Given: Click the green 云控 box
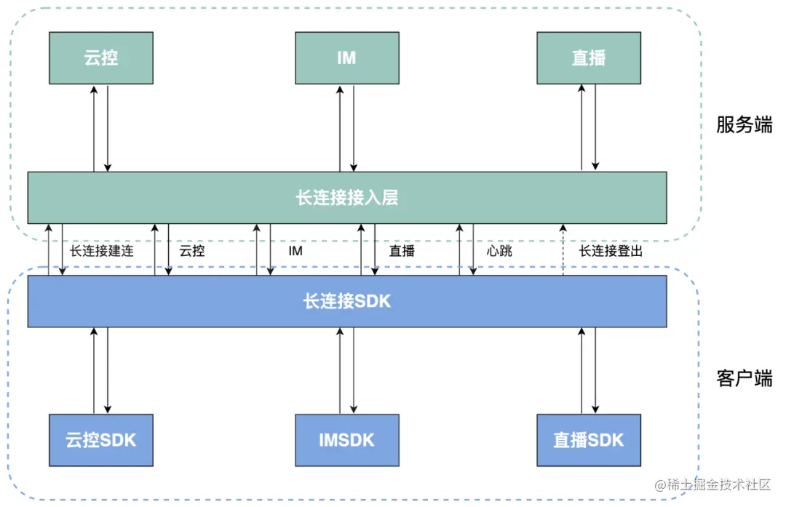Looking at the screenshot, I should click(x=100, y=57).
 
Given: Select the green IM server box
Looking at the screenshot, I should click(x=346, y=57).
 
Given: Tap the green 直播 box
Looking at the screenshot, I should click(x=588, y=57).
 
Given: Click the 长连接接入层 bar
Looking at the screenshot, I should click(x=346, y=197).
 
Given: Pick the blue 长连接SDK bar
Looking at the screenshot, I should click(x=346, y=300).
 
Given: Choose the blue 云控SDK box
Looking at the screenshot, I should click(x=100, y=439).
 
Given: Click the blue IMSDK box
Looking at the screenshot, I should click(x=346, y=439).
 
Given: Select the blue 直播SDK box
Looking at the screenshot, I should click(x=588, y=439).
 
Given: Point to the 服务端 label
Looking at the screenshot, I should click(x=744, y=124).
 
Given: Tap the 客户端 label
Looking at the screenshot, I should click(x=744, y=378).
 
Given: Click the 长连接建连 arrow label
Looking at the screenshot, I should click(x=101, y=251).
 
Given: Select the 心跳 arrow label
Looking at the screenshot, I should click(x=499, y=251).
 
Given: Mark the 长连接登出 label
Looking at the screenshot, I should click(x=611, y=251).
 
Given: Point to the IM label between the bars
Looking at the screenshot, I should click(x=295, y=251).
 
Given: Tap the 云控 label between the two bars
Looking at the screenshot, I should click(x=192, y=251).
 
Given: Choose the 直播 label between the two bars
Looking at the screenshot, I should click(x=402, y=251).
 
